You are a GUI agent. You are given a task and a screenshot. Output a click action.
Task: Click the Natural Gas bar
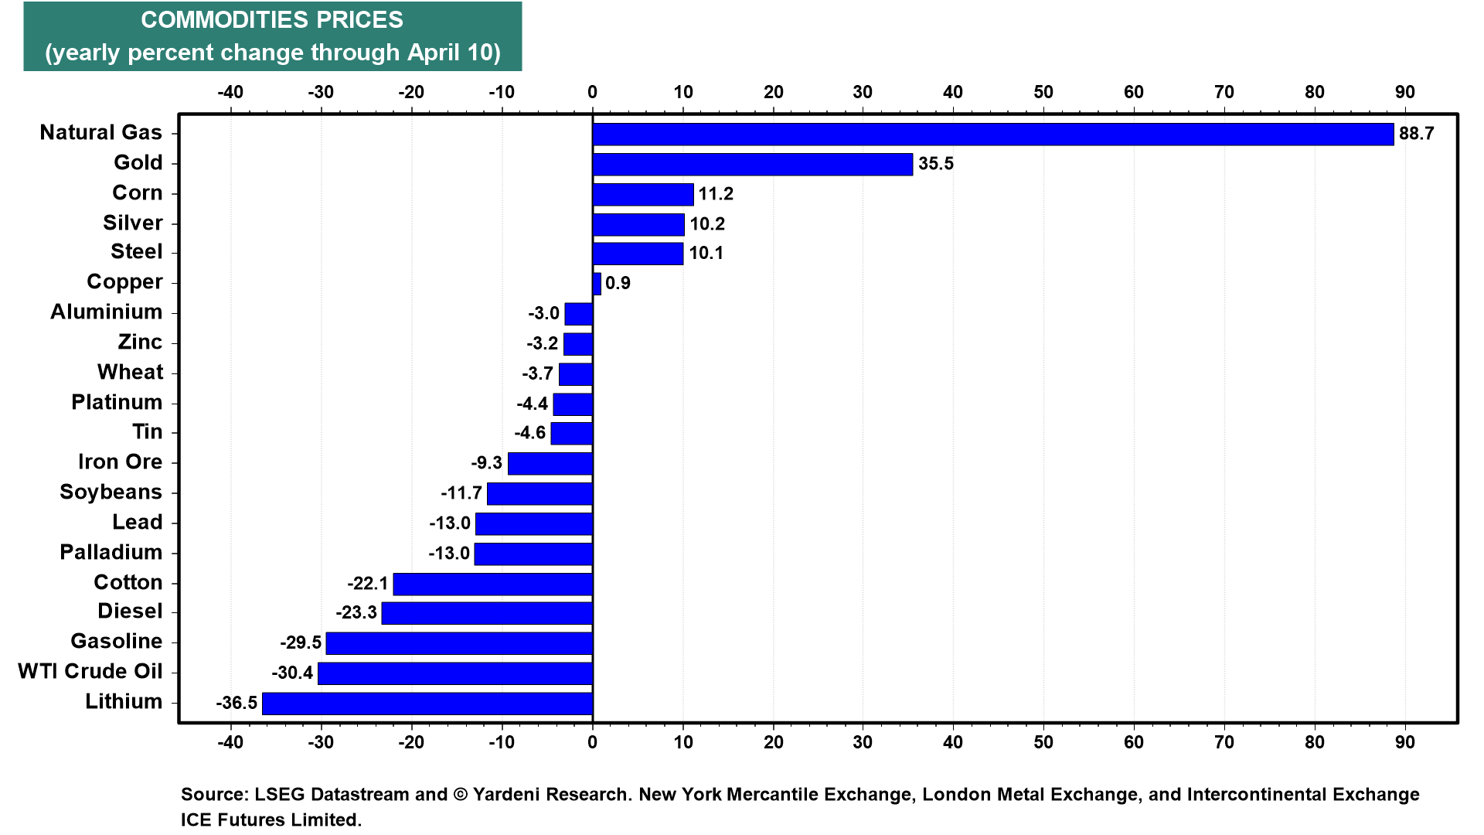coord(993,134)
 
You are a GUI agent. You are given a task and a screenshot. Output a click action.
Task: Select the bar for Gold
coord(753,164)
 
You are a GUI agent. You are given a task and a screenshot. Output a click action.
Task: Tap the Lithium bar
coord(427,704)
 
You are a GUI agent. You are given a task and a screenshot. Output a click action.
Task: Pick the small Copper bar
coord(597,284)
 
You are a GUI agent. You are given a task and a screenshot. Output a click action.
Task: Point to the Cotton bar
coord(493,584)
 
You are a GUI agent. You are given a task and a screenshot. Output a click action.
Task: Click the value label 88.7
coord(1417,134)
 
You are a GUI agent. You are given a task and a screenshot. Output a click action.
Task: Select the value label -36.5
coord(237,703)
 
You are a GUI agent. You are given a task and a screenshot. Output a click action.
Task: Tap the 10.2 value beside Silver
coord(707,224)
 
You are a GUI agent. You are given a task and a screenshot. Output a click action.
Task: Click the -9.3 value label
coord(487,463)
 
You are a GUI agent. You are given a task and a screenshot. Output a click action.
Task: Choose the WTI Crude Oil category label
coord(90,671)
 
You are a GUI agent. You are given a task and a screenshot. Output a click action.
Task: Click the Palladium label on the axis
coord(111,552)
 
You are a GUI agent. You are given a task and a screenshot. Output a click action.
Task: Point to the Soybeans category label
coord(111,492)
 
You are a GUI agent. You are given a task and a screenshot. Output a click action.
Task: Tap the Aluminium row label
coord(107,312)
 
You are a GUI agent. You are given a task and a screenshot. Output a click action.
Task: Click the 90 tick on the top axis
coord(1405,92)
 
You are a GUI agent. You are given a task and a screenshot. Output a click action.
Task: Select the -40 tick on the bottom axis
coord(230,742)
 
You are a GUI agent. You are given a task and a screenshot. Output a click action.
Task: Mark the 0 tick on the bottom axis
coord(593,742)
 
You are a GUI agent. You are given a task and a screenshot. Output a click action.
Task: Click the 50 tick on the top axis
coord(1043,92)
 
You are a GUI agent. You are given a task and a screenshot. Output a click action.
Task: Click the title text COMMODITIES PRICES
coord(272,20)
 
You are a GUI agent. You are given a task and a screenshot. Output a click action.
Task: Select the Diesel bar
coord(487,613)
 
